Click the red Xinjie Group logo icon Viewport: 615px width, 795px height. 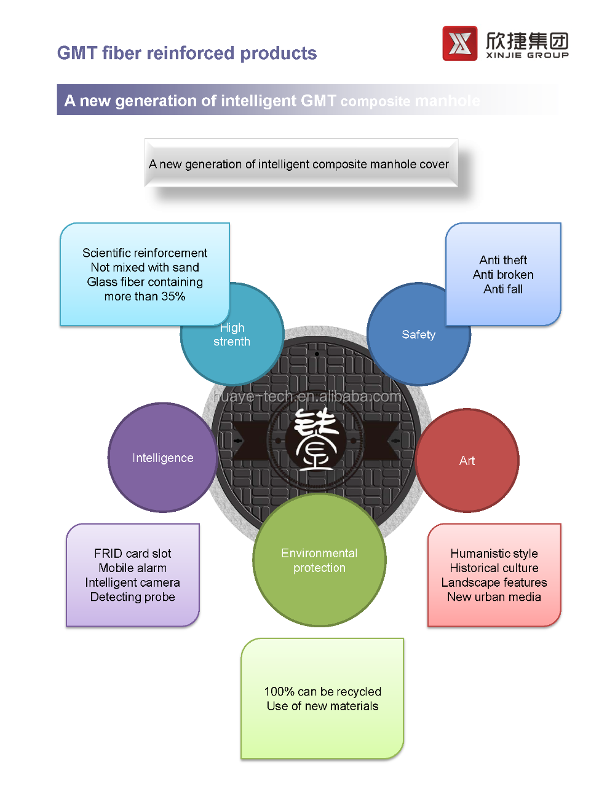tap(459, 43)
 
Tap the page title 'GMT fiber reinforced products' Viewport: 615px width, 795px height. tap(187, 53)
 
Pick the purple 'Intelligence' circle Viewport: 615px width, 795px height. tap(162, 458)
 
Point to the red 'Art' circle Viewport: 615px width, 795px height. tap(467, 461)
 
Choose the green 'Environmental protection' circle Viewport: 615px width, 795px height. tap(319, 560)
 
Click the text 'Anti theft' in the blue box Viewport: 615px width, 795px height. tap(503, 260)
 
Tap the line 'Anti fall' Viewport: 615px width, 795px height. tap(503, 289)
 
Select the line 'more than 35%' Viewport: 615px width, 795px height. tap(145, 296)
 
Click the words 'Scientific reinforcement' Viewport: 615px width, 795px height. tap(145, 253)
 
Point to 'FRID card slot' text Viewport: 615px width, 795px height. tap(133, 554)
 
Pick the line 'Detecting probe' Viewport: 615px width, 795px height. tap(133, 597)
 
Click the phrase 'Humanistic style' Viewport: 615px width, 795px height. tap(494, 554)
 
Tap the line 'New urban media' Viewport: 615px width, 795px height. tap(494, 597)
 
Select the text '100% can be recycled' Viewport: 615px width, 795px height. tap(322, 692)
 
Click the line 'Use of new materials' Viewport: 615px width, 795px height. tap(322, 707)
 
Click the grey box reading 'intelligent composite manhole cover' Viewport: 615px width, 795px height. tap(301, 163)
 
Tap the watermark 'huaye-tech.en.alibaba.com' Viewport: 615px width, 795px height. tap(307, 397)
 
